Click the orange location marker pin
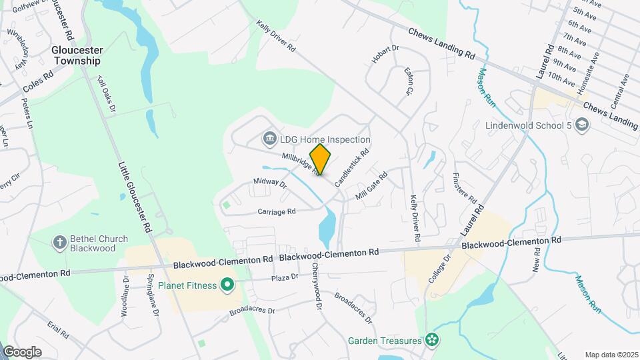pos(320,159)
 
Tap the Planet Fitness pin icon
pos(227,286)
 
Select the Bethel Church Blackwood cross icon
pos(59,242)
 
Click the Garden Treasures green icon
pos(432,340)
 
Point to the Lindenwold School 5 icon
pos(582,125)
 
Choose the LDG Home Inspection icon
pos(270,139)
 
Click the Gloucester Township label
pos(77,55)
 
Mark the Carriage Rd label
pos(276,211)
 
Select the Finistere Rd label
pos(465,189)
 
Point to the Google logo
pos(22,351)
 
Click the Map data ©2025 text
pos(611,355)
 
